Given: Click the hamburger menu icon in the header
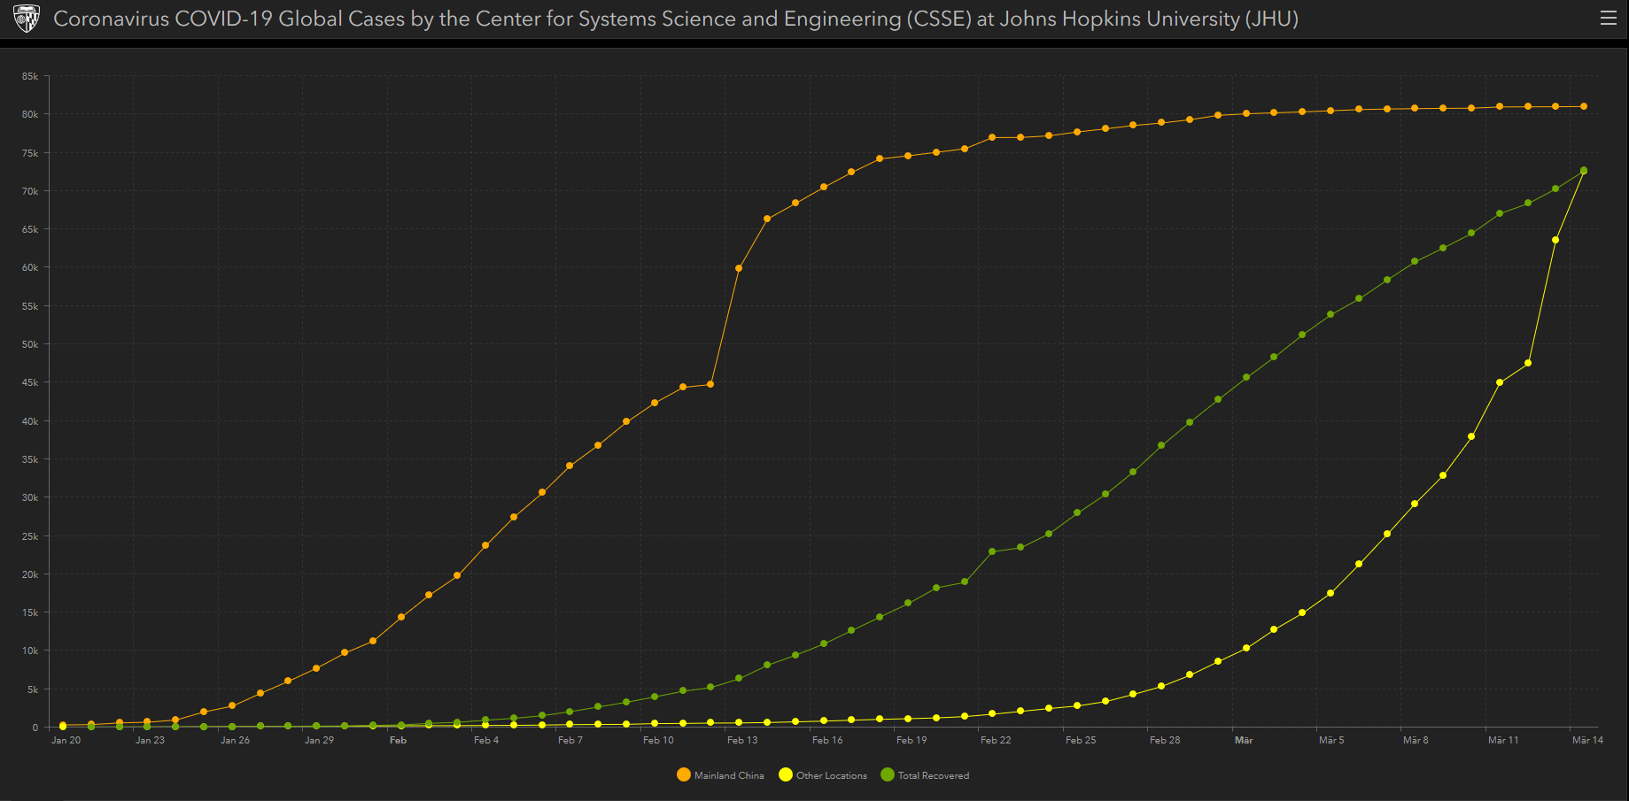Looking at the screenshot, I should [1609, 19].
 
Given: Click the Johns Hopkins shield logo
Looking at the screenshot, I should [27, 19].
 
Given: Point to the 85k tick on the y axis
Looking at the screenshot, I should [30, 77].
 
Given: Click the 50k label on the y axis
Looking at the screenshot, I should [30, 344].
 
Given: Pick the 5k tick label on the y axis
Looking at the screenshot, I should [33, 689].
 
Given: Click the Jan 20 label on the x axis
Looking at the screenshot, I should [66, 740].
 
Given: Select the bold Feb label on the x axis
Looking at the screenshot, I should [398, 740].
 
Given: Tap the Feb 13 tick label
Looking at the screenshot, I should [742, 740].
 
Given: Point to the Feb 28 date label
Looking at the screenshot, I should [1165, 740].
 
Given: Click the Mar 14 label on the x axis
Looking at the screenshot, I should [1587, 740].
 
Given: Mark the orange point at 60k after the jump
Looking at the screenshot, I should [739, 268].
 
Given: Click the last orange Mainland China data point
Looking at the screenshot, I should [1584, 106].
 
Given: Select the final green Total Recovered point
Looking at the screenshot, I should [1584, 171].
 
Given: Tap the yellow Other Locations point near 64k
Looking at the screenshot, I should [1555, 240].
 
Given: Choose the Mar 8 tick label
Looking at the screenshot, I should [1416, 740].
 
